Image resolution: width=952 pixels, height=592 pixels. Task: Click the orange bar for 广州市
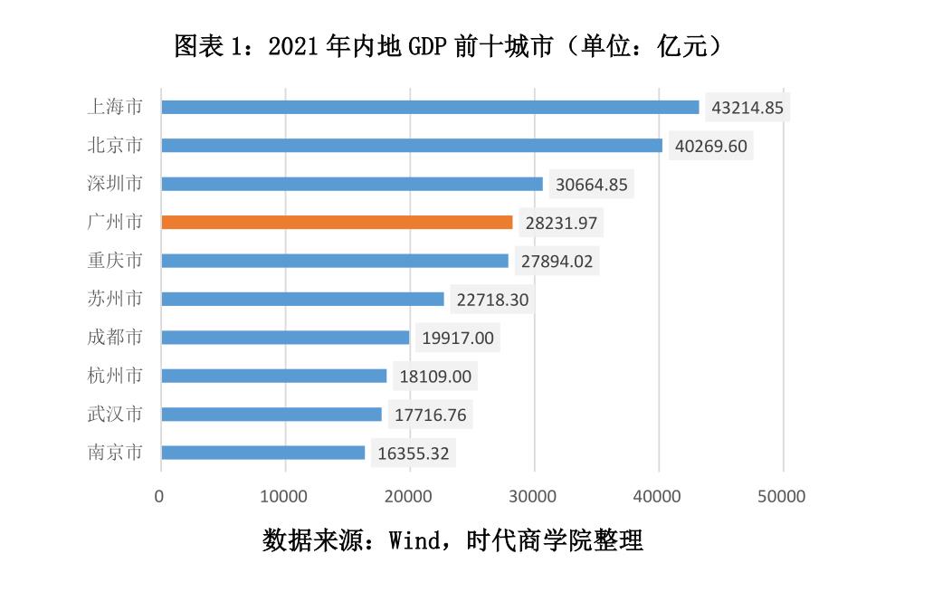[337, 222]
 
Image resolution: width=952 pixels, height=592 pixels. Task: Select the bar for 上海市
[430, 107]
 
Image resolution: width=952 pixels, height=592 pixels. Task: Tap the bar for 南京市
[262, 453]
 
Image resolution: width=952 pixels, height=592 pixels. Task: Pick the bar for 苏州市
[302, 299]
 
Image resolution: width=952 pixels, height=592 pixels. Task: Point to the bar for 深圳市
[352, 184]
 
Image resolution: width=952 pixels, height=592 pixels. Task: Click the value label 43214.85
[749, 108]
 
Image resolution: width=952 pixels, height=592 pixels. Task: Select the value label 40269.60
[711, 146]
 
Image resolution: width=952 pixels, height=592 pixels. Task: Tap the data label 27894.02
[557, 261]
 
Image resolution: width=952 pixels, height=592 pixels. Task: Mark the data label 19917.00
[458, 338]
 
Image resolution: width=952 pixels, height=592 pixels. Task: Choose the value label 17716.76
[431, 415]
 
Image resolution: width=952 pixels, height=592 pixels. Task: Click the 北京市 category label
[114, 145]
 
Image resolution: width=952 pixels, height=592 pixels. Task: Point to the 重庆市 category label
[114, 261]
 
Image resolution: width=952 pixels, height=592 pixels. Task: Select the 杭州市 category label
[114, 376]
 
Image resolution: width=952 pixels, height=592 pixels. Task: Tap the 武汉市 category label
[114, 415]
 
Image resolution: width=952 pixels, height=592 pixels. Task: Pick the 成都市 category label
[114, 338]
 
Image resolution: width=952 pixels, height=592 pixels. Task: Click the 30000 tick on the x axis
[534, 496]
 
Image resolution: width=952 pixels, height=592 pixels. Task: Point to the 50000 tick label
[783, 496]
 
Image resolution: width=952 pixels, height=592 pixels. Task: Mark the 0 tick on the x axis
[160, 496]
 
